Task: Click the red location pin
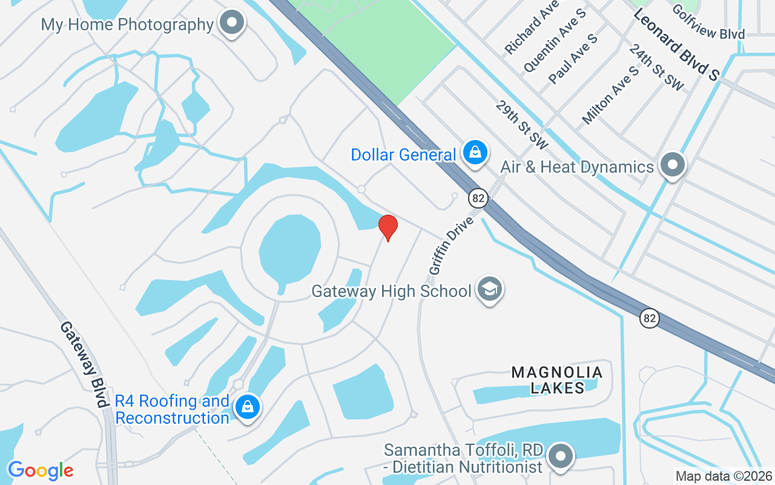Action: (x=387, y=227)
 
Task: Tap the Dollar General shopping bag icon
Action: (x=476, y=152)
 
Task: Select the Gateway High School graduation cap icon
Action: (x=489, y=289)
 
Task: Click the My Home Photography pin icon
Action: (x=231, y=24)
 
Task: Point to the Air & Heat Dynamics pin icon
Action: (x=671, y=164)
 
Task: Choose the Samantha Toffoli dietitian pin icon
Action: (x=561, y=456)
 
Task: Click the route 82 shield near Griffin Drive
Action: (x=478, y=198)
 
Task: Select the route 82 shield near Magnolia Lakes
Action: (x=650, y=318)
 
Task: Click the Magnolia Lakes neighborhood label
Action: (x=557, y=380)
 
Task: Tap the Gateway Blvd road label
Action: (x=83, y=364)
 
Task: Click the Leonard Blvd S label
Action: (x=676, y=43)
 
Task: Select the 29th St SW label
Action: (x=521, y=125)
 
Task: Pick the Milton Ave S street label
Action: (x=610, y=96)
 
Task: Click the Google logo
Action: (x=41, y=470)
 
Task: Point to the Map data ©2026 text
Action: (x=724, y=476)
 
